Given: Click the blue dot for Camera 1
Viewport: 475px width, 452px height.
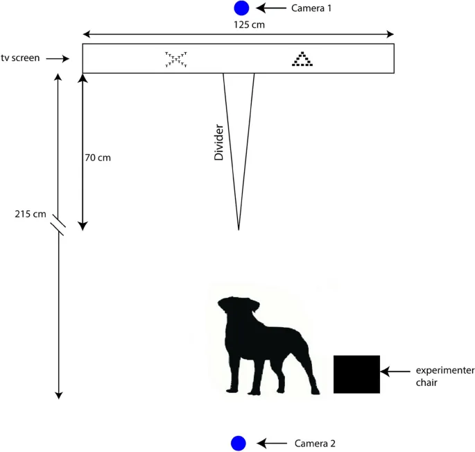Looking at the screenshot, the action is tap(241, 8).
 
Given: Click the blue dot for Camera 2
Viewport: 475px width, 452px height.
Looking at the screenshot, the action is tap(239, 443).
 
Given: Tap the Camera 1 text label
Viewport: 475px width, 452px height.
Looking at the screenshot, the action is tap(311, 8).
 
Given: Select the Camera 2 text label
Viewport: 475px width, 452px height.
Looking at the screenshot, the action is tap(315, 444).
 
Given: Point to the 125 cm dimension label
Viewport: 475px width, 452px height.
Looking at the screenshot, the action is tap(249, 24).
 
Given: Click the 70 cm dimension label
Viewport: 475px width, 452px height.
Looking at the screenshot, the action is tap(98, 158).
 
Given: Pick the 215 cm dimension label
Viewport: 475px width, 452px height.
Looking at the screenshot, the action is tap(31, 214).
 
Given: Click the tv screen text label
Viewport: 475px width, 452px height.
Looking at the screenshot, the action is tap(20, 58).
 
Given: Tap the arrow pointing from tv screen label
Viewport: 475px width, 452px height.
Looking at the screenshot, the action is tap(58, 58).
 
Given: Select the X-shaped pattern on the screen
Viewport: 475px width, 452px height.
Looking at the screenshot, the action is tap(176, 59).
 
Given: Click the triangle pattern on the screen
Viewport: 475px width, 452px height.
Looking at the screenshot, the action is tap(302, 59).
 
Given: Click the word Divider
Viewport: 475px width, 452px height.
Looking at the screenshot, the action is tap(218, 142).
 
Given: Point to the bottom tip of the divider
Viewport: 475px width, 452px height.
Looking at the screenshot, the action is tap(239, 230).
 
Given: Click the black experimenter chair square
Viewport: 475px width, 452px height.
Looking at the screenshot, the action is tap(356, 374).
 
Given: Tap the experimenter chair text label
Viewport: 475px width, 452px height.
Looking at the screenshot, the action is tap(445, 376).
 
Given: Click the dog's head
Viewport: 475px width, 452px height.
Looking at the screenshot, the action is tap(239, 306).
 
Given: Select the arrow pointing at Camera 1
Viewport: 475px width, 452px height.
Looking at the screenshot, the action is tap(271, 8).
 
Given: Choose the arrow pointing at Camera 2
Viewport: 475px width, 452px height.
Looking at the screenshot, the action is tap(272, 444).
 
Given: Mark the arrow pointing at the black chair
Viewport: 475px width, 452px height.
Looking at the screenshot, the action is tap(395, 371).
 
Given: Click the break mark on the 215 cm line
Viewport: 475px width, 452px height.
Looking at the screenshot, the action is tap(58, 225).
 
